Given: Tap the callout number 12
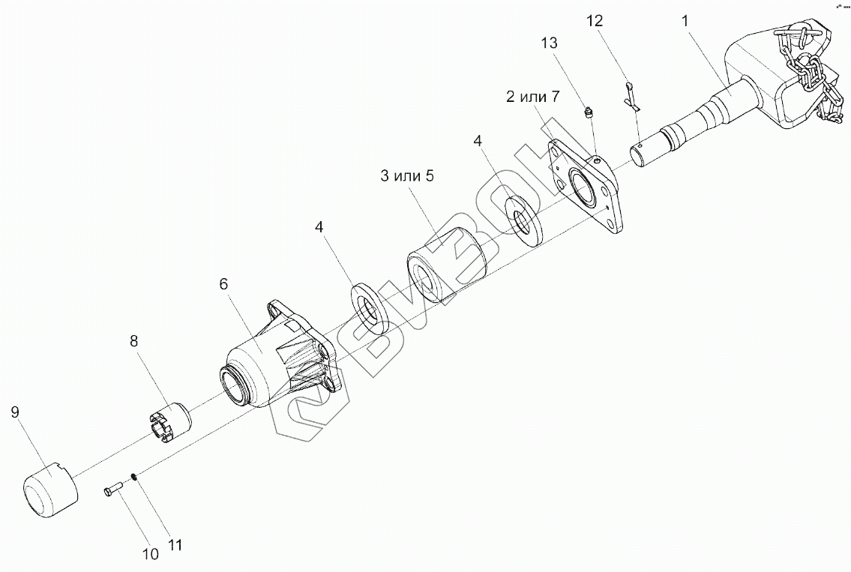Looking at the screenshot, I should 594,21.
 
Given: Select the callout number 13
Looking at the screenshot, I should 549,43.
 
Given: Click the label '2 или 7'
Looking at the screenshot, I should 532,96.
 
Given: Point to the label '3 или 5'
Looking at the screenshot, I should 406,177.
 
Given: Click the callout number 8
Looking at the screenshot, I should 134,341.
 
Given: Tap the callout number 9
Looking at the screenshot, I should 15,412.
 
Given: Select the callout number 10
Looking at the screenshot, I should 150,554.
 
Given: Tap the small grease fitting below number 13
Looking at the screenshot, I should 589,114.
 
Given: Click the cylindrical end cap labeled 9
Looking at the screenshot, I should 48,491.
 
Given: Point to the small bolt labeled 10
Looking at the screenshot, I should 115,490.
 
